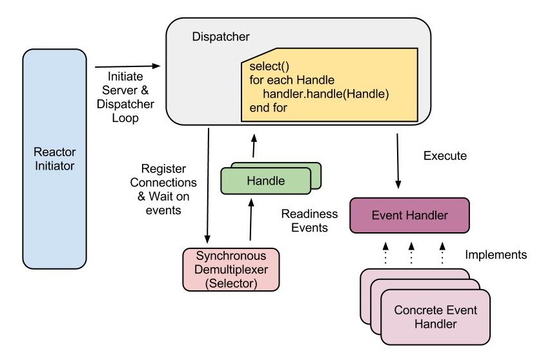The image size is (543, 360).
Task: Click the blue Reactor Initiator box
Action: pyautogui.click(x=55, y=158)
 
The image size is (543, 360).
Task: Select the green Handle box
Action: pyautogui.click(x=265, y=181)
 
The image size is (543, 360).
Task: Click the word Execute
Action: pyautogui.click(x=445, y=155)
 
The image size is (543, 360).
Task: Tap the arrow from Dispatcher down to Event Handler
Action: pyautogui.click(x=398, y=158)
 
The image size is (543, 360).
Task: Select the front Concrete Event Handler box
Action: pyautogui.click(x=435, y=316)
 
